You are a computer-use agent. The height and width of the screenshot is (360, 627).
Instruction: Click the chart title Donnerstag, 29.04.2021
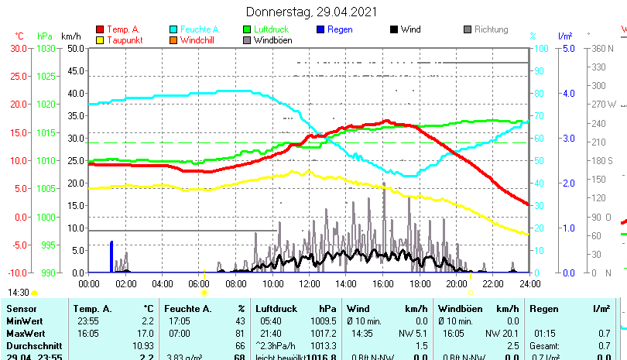click(313, 12)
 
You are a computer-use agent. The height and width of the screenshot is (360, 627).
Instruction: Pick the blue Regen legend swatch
click(320, 29)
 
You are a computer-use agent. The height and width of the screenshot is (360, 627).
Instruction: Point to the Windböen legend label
click(272, 39)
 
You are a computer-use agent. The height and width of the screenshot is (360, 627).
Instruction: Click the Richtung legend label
click(491, 29)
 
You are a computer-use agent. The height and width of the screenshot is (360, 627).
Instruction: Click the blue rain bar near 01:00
click(111, 256)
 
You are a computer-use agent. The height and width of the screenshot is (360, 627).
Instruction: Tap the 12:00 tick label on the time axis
click(309, 283)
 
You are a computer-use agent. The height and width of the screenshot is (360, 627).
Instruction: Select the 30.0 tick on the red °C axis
click(19, 48)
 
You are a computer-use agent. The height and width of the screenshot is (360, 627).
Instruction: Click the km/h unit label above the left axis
click(70, 36)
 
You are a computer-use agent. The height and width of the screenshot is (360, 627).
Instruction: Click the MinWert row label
click(24, 321)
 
